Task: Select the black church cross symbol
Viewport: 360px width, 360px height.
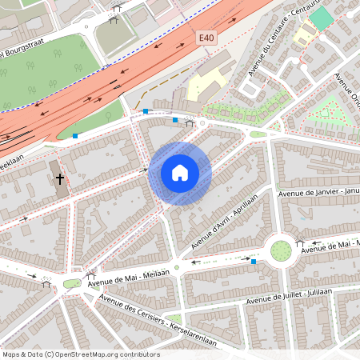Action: [60, 178]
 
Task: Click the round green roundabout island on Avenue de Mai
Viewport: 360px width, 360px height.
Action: [281, 250]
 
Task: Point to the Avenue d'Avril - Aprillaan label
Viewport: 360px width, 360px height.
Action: [216, 223]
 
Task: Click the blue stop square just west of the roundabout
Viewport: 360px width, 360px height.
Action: [254, 261]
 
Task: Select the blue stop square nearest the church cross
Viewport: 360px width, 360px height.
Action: [75, 136]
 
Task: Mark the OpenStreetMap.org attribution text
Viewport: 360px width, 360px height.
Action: [80, 354]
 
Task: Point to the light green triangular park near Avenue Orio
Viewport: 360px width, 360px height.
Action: [332, 112]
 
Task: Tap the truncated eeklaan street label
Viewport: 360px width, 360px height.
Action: [16, 160]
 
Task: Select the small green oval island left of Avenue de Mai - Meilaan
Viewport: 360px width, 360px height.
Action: [72, 283]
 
